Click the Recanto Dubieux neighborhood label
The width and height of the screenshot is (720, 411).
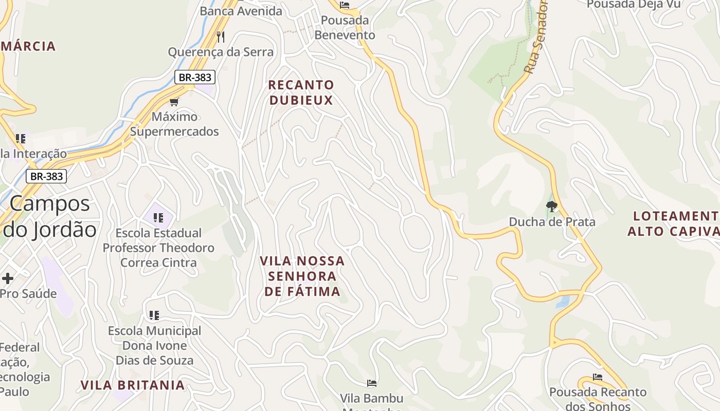click(x=301, y=92)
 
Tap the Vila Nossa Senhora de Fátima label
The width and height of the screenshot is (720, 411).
click(x=302, y=276)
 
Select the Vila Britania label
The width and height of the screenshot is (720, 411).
click(x=132, y=385)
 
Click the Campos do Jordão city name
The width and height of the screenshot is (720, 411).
click(x=50, y=216)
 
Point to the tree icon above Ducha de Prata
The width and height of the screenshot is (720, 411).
click(x=552, y=207)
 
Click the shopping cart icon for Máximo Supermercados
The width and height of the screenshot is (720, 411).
click(x=174, y=102)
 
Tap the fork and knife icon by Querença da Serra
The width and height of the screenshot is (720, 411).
click(x=221, y=36)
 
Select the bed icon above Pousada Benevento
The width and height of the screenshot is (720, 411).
click(x=345, y=5)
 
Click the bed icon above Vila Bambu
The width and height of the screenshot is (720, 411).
click(x=372, y=383)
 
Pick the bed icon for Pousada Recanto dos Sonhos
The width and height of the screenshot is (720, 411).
click(x=598, y=377)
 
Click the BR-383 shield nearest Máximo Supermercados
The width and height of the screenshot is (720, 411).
click(x=194, y=78)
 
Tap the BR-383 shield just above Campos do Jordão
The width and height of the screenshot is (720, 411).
click(x=46, y=177)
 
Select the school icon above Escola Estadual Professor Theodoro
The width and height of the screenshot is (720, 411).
click(x=158, y=218)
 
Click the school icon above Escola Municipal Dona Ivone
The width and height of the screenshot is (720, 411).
click(x=154, y=315)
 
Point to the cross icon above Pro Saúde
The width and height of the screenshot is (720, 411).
click(x=8, y=278)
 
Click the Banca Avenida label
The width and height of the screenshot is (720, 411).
click(x=241, y=11)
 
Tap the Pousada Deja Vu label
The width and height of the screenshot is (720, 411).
click(x=634, y=4)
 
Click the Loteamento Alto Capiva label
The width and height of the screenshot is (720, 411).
click(x=674, y=223)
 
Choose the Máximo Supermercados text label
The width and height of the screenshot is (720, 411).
click(x=174, y=124)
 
